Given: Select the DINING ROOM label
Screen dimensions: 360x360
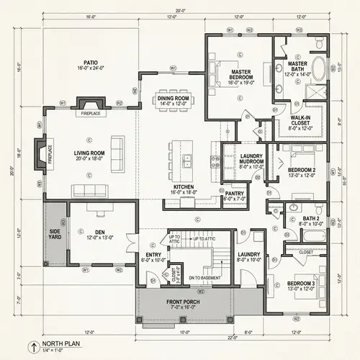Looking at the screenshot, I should (173, 100).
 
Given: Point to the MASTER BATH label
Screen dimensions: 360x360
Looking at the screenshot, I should (297, 66).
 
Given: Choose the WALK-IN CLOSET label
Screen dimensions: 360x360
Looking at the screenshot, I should (300, 120).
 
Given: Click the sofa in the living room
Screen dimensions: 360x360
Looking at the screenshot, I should (90, 189).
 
